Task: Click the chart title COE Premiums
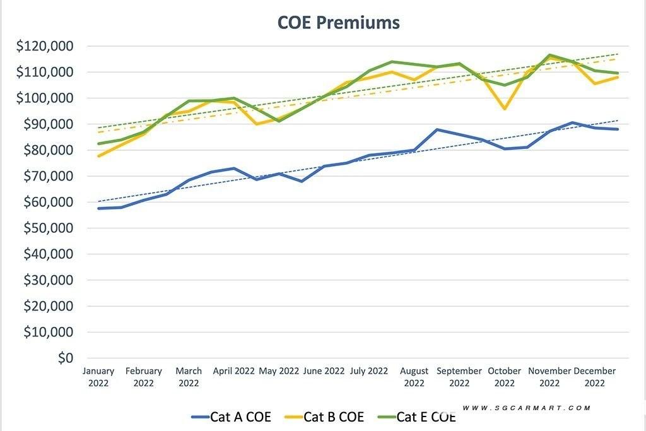[x=339, y=22]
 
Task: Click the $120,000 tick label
[x=46, y=46]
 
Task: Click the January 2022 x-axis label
[x=98, y=377]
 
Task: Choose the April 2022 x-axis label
[x=233, y=371]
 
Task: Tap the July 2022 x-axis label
[x=369, y=371]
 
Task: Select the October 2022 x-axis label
[x=505, y=377]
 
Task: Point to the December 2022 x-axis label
[x=594, y=377]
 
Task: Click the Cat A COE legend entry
[x=231, y=416]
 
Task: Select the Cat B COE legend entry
[x=324, y=416]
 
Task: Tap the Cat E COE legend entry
[x=417, y=416]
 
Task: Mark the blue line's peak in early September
[x=437, y=129]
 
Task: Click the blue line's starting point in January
[x=99, y=208]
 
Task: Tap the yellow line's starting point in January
[x=99, y=156]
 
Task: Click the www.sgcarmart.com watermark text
[x=527, y=408]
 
